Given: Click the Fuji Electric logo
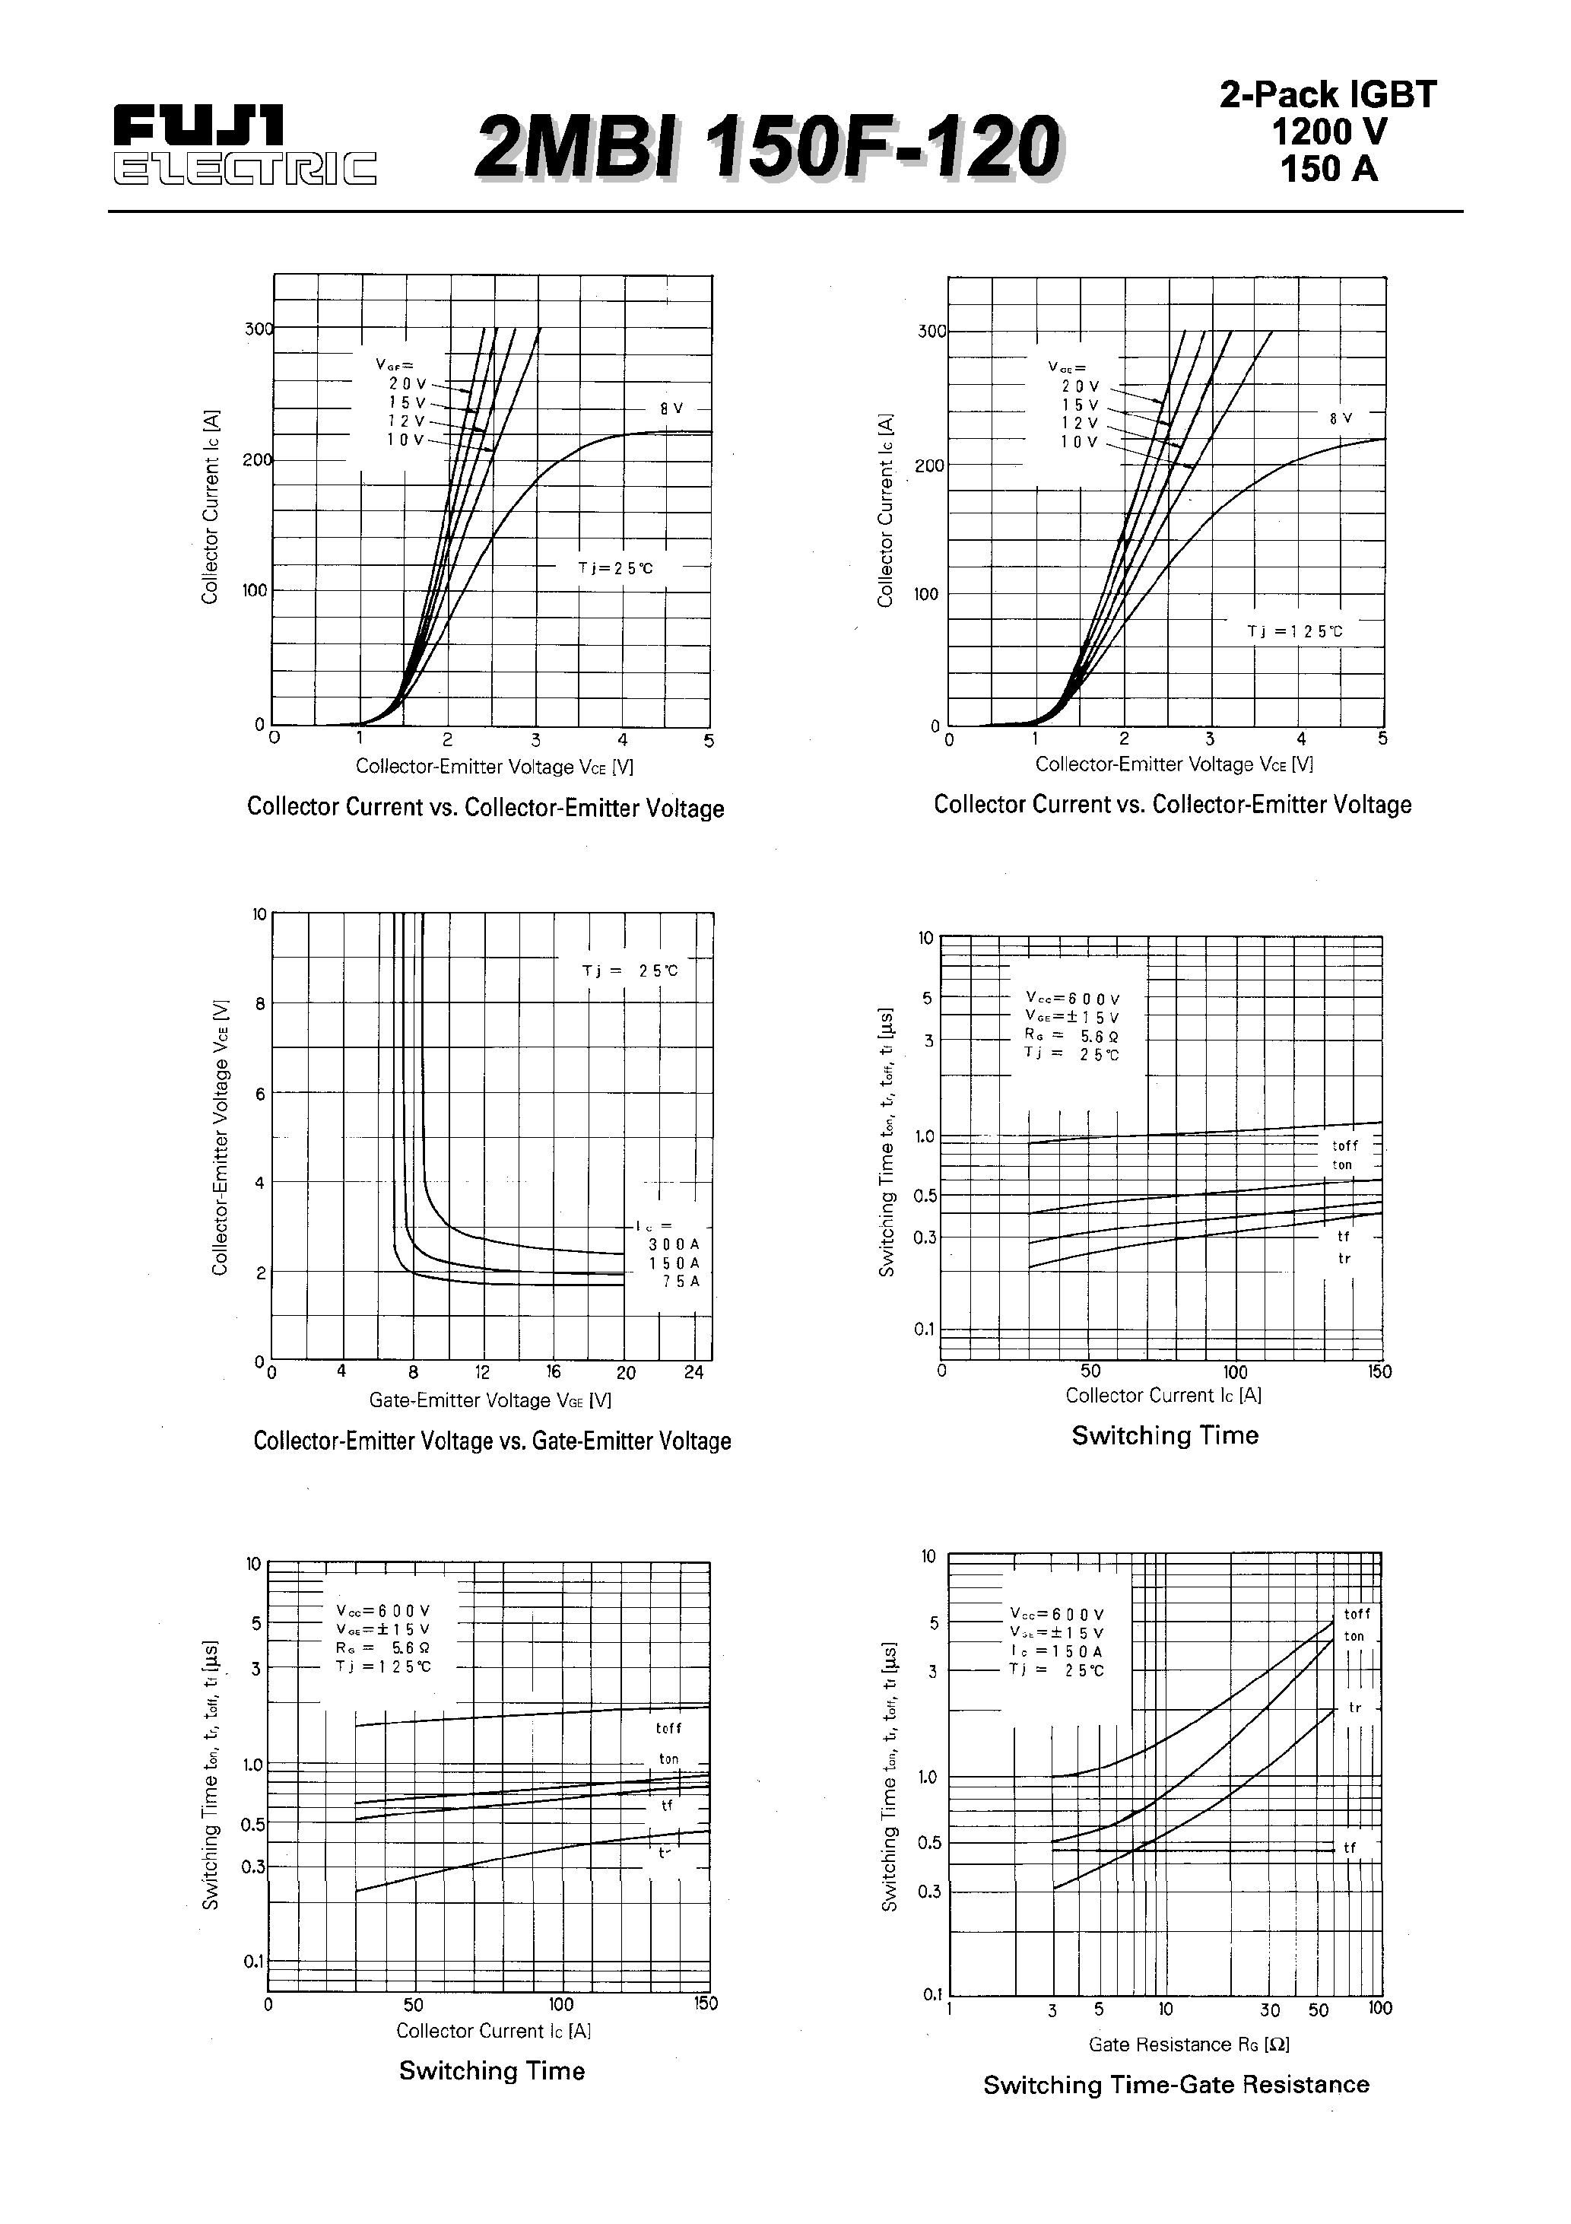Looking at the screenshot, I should (x=244, y=146).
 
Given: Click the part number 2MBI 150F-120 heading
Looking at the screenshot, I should (x=767, y=148).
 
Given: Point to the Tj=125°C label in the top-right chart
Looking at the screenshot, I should (x=1294, y=631).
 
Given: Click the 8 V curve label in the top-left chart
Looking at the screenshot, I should (x=671, y=408).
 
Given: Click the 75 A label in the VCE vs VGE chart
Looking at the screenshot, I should (x=680, y=1282).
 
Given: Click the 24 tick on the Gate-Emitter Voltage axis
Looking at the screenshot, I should (x=693, y=1373).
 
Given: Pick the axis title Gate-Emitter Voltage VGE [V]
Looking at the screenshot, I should (x=490, y=1401).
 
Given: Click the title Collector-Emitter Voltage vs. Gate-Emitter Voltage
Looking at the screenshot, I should (x=492, y=1441).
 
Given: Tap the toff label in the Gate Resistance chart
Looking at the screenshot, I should (x=1357, y=1615).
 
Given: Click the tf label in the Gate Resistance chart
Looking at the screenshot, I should (x=1349, y=1848).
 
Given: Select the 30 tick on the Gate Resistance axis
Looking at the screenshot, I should (x=1270, y=2010).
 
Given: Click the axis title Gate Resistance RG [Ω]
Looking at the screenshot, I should (x=1189, y=2044).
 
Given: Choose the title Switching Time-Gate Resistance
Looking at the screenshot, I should (x=1176, y=2085).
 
